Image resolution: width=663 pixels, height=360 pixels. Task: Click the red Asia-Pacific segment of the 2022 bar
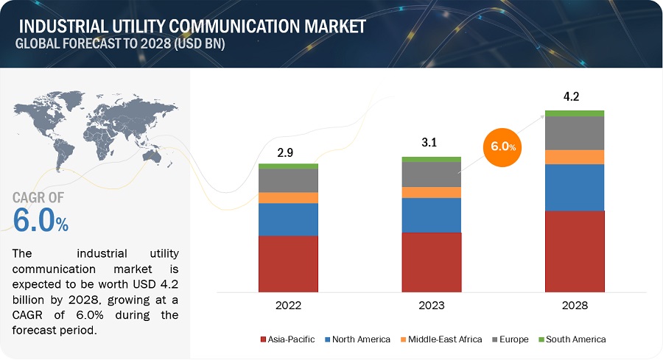pos(288,262)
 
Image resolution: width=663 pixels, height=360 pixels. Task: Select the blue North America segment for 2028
pos(575,187)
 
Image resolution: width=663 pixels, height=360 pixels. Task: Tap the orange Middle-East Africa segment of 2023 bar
pos(431,192)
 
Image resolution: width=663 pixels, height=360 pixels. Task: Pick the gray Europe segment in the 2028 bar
pos(575,133)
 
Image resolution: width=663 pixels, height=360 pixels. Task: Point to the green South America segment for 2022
pos(288,166)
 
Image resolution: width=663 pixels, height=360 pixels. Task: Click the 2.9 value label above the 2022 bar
pos(288,153)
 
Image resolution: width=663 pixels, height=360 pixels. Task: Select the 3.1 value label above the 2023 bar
pos(430,144)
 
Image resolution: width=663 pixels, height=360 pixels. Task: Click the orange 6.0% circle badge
pos(501,147)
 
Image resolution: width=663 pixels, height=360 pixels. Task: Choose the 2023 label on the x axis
pos(431,304)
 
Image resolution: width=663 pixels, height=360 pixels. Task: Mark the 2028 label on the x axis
pos(575,304)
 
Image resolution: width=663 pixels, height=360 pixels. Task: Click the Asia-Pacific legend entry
pos(287,339)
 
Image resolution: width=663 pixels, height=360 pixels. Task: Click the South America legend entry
pos(572,339)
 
